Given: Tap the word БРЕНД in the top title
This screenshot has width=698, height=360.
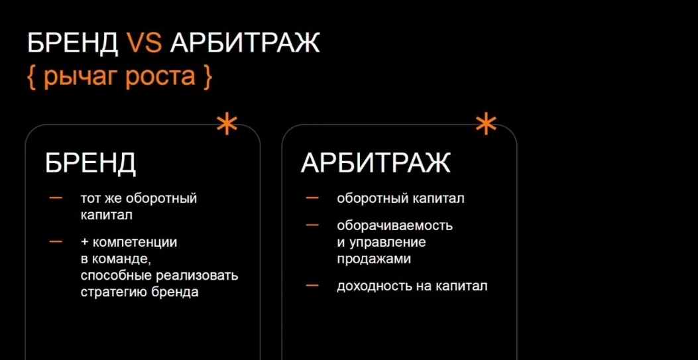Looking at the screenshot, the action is pyautogui.click(x=72, y=44).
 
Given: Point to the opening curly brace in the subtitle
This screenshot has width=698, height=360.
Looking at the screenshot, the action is pyautogui.click(x=32, y=76).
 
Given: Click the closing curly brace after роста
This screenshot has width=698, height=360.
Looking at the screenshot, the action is pyautogui.click(x=206, y=76).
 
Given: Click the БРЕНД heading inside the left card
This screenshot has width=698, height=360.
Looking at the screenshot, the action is pyautogui.click(x=90, y=163).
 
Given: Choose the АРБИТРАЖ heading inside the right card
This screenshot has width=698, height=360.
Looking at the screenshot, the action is pyautogui.click(x=376, y=163).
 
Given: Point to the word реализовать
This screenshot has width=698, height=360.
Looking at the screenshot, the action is pyautogui.click(x=197, y=276).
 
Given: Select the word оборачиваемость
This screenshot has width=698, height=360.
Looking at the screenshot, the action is pyautogui.click(x=395, y=225).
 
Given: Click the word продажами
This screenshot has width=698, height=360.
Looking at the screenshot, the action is pyautogui.click(x=373, y=259).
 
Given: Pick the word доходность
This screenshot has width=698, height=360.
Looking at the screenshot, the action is pyautogui.click(x=375, y=286).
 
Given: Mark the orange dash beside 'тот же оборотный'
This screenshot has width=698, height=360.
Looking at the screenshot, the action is pyautogui.click(x=56, y=198).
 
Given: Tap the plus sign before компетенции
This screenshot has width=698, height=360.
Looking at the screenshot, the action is pyautogui.click(x=85, y=243).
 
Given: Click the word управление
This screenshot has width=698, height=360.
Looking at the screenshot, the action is pyautogui.click(x=388, y=243).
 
